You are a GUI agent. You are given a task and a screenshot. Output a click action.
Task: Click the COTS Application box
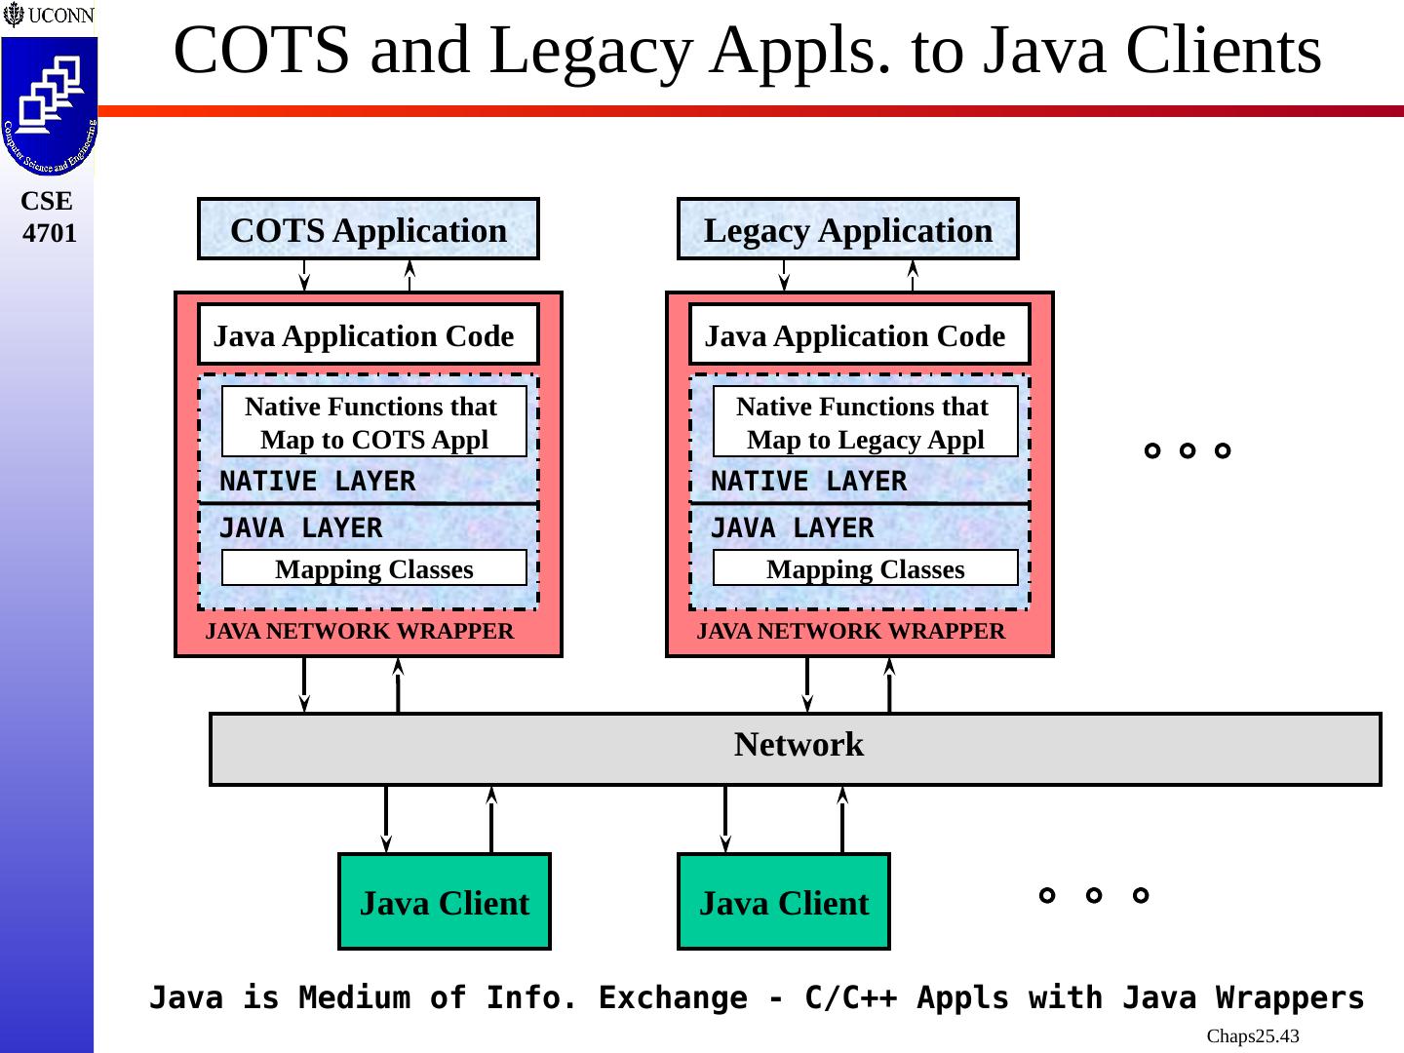point(369,230)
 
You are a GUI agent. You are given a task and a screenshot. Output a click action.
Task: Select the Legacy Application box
point(847,230)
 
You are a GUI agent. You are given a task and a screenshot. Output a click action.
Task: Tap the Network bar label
point(799,745)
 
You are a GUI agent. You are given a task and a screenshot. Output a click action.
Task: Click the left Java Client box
point(445,902)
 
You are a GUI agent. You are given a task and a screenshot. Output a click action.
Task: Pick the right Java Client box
point(784,902)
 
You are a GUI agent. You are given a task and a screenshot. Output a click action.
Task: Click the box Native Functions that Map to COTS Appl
point(373,422)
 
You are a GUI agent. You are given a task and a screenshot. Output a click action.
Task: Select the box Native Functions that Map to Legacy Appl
point(865,422)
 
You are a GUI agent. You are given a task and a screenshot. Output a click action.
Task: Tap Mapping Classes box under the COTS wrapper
point(373,568)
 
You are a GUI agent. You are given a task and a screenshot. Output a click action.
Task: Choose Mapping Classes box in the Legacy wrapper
point(865,568)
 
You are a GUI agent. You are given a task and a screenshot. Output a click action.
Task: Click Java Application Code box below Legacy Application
point(859,335)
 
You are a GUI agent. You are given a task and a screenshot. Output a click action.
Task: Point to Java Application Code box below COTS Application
point(368,335)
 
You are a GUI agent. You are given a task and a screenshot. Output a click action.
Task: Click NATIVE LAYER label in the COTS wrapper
point(317,482)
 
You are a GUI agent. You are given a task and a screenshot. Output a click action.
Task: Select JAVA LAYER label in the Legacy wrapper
point(792,528)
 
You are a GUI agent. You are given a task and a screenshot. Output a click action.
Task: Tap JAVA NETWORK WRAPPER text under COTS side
point(359,632)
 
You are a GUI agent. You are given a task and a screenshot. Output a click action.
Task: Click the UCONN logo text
point(58,16)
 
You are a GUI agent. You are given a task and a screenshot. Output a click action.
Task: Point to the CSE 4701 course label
point(48,216)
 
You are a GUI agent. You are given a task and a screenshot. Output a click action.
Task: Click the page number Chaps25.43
point(1252,1036)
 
